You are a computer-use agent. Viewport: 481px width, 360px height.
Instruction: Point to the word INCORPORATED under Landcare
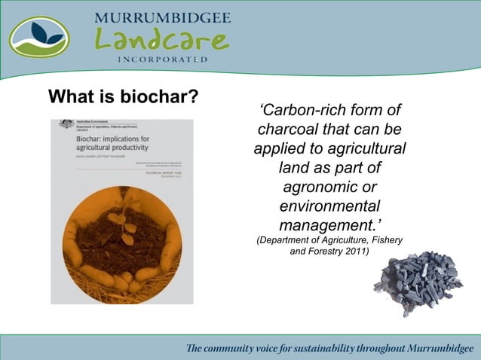coord(162,59)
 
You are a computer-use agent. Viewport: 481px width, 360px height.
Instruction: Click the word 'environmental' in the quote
coord(329,206)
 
